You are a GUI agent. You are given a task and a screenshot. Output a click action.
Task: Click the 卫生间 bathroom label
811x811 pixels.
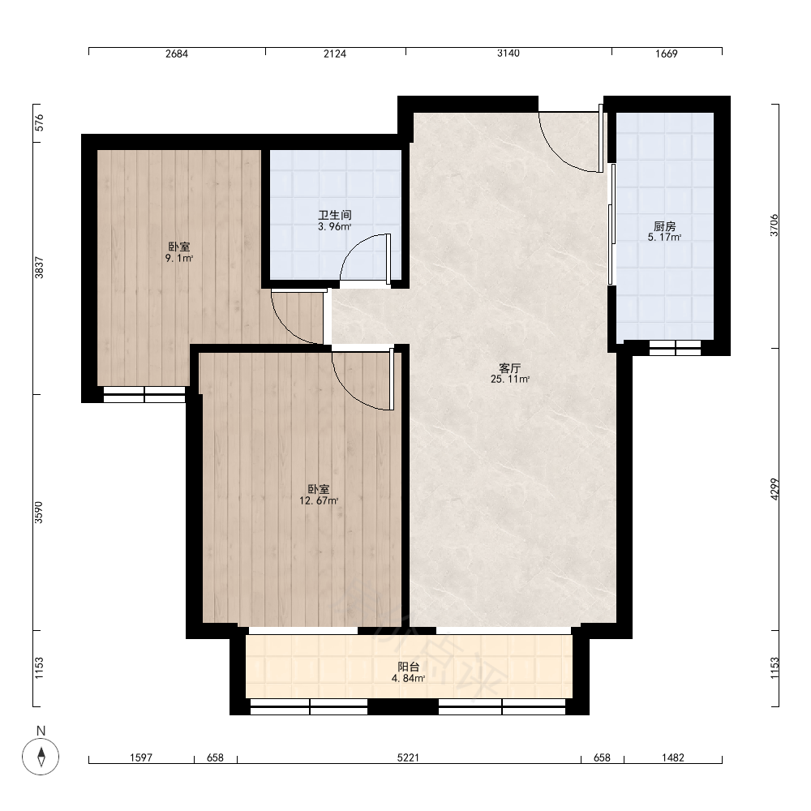click(x=335, y=215)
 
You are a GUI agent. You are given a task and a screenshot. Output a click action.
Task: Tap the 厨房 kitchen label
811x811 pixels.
click(x=665, y=226)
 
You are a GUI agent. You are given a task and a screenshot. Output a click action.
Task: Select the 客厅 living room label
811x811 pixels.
click(x=509, y=368)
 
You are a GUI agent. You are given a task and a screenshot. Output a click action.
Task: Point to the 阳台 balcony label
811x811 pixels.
click(x=408, y=667)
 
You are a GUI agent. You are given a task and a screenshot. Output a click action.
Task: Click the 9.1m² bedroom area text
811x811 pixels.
click(x=179, y=258)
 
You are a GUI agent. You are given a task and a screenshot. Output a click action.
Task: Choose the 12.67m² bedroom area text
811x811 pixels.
click(x=319, y=500)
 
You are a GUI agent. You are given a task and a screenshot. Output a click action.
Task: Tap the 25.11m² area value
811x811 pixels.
click(x=510, y=379)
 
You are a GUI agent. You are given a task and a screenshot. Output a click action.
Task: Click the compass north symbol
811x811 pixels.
click(x=41, y=756)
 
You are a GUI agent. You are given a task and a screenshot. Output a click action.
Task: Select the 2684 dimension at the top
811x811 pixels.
click(x=177, y=54)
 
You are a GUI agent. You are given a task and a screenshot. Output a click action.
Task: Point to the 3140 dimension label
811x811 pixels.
click(x=508, y=54)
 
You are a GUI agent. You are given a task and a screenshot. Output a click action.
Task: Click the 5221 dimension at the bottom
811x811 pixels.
click(x=408, y=757)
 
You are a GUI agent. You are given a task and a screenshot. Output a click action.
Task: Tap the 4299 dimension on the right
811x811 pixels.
click(x=775, y=489)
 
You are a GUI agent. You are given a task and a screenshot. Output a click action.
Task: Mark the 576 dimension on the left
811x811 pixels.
click(x=39, y=122)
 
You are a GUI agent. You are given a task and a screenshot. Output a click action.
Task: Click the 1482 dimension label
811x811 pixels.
click(x=673, y=757)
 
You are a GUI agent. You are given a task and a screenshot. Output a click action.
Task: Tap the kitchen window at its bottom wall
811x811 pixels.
click(x=675, y=348)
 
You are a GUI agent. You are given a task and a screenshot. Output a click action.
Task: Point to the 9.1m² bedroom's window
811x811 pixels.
click(x=144, y=395)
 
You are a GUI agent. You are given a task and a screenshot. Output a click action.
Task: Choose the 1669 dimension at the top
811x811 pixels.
click(x=666, y=54)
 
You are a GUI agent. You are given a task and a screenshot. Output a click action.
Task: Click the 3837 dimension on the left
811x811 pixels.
click(x=39, y=268)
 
